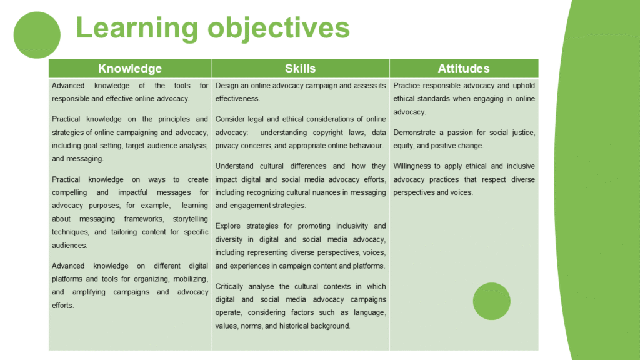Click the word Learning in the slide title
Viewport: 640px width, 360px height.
click(x=137, y=29)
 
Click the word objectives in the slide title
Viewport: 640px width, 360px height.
click(x=279, y=29)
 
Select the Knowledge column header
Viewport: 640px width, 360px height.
click(x=130, y=68)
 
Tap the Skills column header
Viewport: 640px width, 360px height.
click(x=301, y=68)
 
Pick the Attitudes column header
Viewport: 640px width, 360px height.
click(x=464, y=68)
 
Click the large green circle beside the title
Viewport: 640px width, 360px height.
click(x=37, y=35)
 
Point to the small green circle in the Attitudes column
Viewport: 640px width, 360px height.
click(x=491, y=301)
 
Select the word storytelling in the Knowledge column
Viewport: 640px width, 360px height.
click(x=190, y=219)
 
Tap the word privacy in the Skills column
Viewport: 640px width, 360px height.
click(x=226, y=146)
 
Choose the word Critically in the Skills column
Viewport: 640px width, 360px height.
click(x=229, y=286)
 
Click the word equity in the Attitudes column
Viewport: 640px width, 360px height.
click(x=404, y=146)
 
